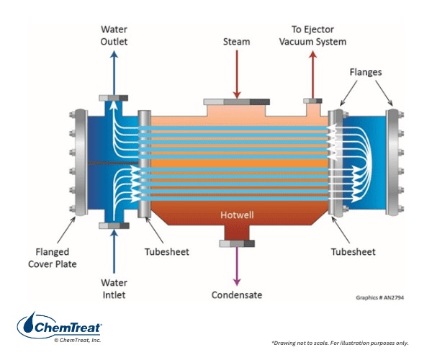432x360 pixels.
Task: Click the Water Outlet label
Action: click(x=114, y=35)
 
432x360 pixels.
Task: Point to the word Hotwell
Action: click(x=235, y=215)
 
